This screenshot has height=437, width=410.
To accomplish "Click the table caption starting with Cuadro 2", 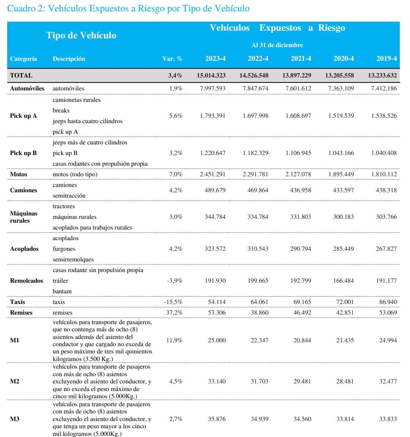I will tap(128, 9).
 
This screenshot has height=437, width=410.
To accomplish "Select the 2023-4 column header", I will tap(215, 59).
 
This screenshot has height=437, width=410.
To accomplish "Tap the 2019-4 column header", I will tap(386, 59).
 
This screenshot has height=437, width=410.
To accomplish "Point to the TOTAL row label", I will tap(21, 75).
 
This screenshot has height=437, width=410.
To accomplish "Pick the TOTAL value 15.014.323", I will tap(211, 75).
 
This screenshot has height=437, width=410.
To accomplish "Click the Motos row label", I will tap(19, 174).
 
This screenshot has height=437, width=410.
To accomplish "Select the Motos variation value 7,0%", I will tap(175, 174).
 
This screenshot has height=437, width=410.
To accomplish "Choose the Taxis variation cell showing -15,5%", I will tap(173, 302).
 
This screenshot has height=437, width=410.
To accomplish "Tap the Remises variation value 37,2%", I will tap(175, 312).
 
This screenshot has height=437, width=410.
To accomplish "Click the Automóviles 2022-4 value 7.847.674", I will tap(255, 88).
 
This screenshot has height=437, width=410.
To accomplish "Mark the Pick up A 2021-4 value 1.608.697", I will tap(298, 116).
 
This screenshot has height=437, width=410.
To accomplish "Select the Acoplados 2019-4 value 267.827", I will tap(384, 249).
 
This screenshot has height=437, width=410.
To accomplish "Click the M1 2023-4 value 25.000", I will tap(217, 340).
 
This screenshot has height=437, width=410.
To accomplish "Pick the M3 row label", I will tap(14, 419).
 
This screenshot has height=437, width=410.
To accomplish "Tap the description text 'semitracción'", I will tap(69, 195).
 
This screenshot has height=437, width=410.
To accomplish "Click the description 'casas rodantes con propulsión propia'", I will tap(100, 163).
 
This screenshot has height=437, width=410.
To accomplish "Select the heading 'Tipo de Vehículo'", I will tap(81, 35).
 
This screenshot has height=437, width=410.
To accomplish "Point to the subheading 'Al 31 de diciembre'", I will tap(277, 45).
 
